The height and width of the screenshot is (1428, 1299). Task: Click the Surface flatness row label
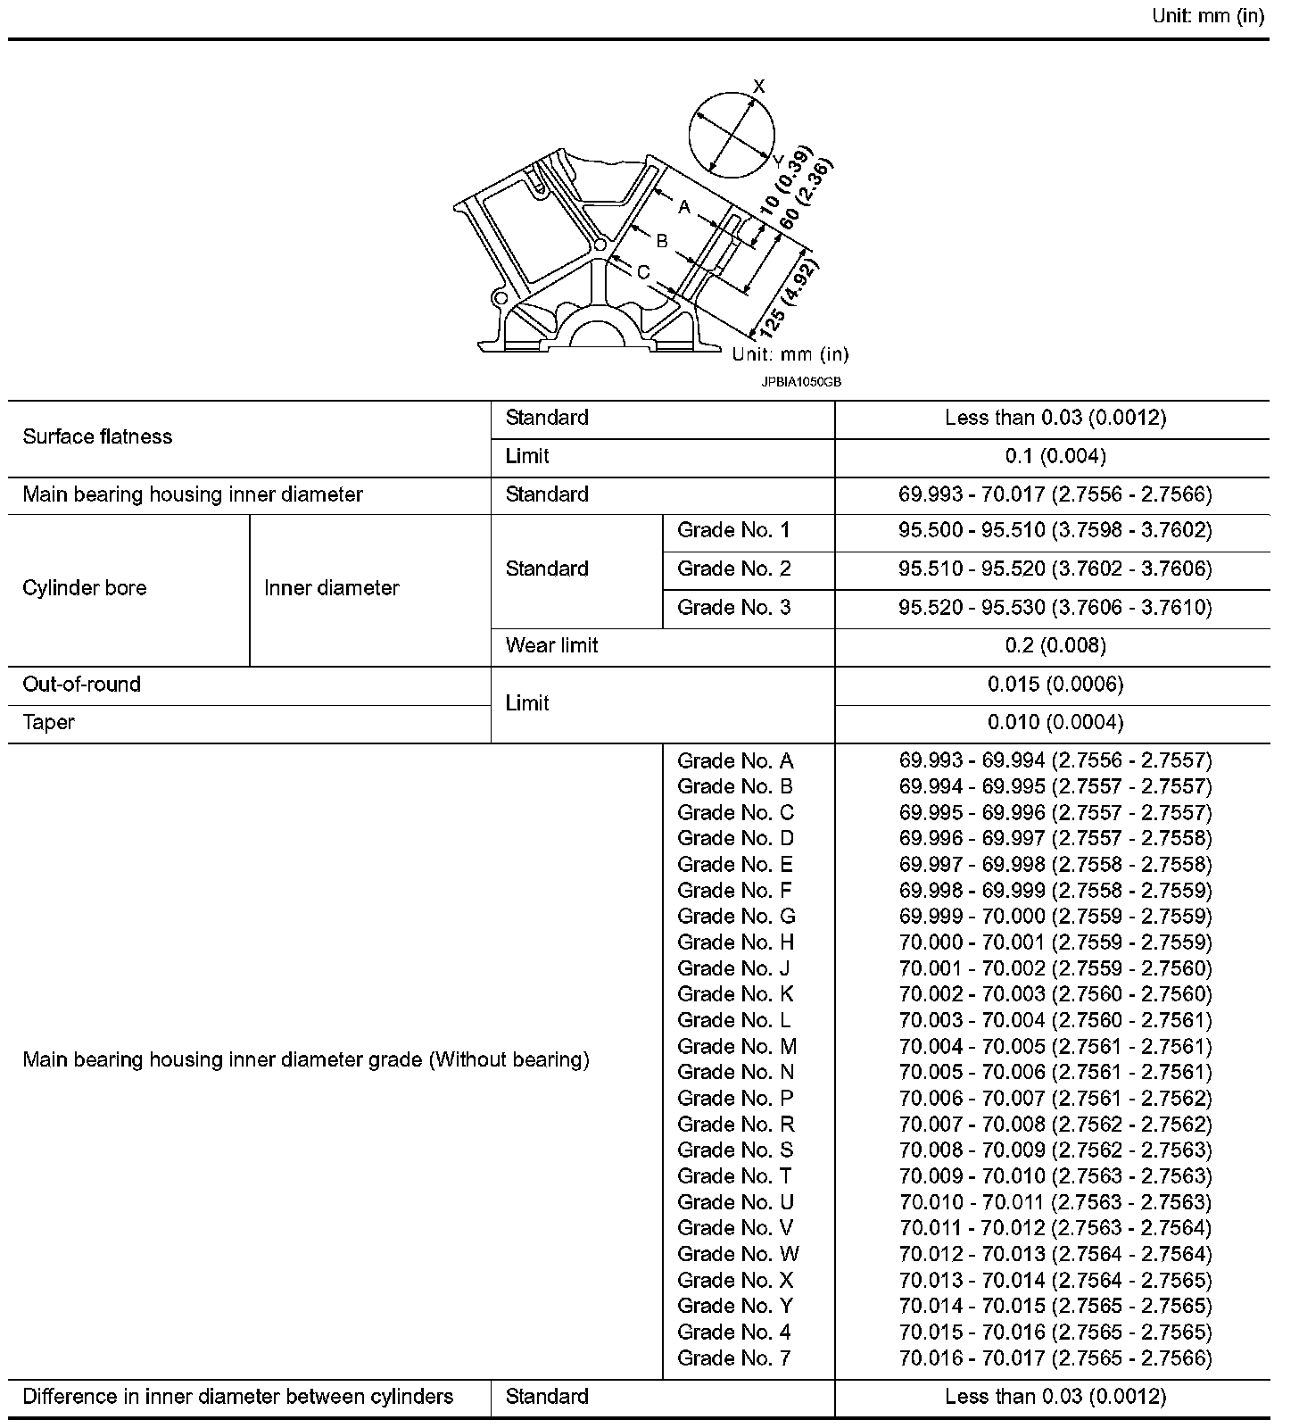[x=97, y=436]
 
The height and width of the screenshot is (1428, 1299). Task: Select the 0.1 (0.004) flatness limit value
[x=1055, y=456]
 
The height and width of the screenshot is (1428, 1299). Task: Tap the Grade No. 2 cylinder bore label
[x=733, y=569]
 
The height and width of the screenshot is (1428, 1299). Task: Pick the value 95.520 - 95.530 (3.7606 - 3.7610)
[x=1055, y=607]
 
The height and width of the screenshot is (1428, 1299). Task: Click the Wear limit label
[x=551, y=645]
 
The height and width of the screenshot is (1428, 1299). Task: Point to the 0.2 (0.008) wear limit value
[x=1055, y=645]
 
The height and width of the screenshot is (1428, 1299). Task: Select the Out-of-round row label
[x=82, y=685]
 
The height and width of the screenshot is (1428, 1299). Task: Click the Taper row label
[x=48, y=722]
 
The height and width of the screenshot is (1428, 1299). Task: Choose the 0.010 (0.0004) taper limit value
[x=1055, y=722]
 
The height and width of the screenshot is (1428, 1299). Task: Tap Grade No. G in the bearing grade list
[x=736, y=916]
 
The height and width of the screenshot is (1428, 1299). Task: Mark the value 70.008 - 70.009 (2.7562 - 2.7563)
[x=1055, y=1150]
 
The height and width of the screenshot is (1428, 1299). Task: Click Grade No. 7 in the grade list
[x=733, y=1357]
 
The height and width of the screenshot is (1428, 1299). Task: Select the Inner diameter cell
[x=331, y=588]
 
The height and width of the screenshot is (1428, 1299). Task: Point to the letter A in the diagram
[x=684, y=207]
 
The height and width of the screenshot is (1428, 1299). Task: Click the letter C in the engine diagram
[x=643, y=273]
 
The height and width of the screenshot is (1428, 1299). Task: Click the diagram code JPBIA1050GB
[x=801, y=382]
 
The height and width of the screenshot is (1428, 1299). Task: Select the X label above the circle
[x=759, y=87]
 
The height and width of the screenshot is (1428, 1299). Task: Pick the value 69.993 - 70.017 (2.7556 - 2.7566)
[x=1055, y=494]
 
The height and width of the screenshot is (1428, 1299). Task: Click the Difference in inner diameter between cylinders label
[x=237, y=1397]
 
